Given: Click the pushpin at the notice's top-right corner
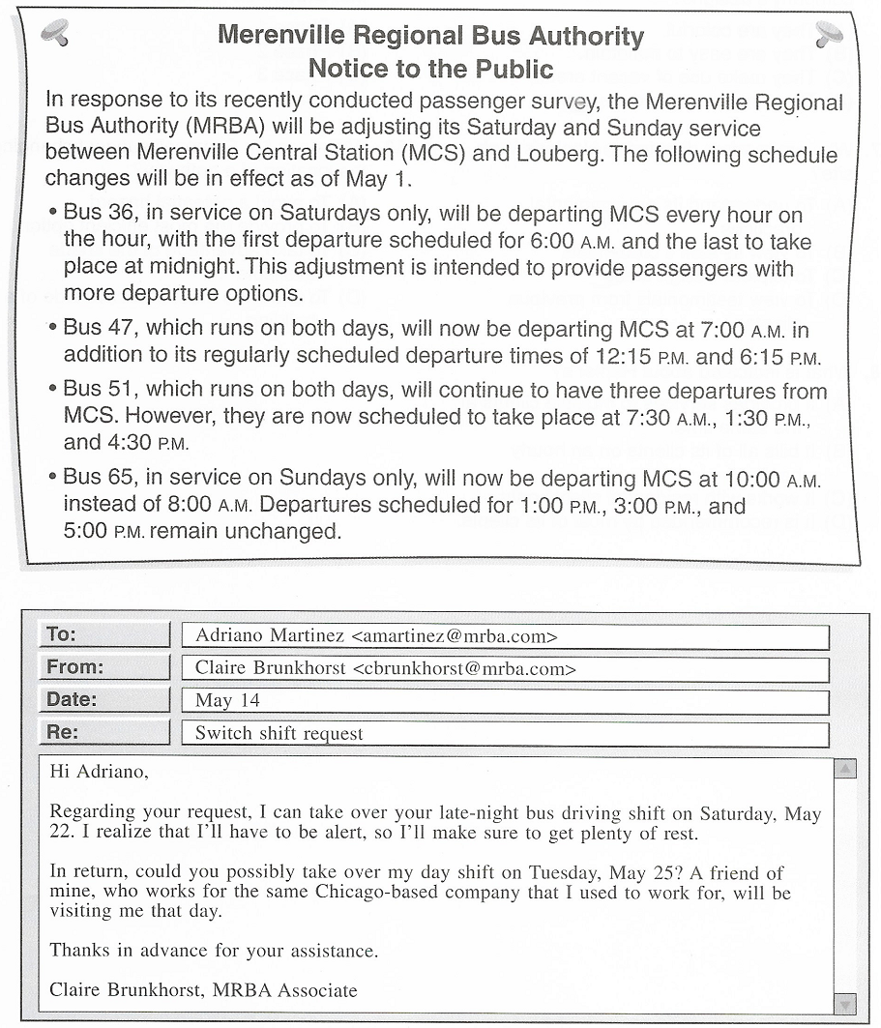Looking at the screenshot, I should pos(827,35).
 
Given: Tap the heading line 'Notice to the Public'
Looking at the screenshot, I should pos(430,70).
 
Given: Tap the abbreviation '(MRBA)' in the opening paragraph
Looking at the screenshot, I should pos(238,128).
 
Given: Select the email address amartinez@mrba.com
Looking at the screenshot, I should pos(455,636).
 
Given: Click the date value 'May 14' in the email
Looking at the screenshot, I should pos(226,701).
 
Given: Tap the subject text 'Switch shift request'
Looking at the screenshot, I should pos(279,733).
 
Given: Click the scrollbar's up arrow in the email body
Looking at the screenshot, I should pos(844,771).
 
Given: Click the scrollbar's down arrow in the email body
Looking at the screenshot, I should pos(844,1003).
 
